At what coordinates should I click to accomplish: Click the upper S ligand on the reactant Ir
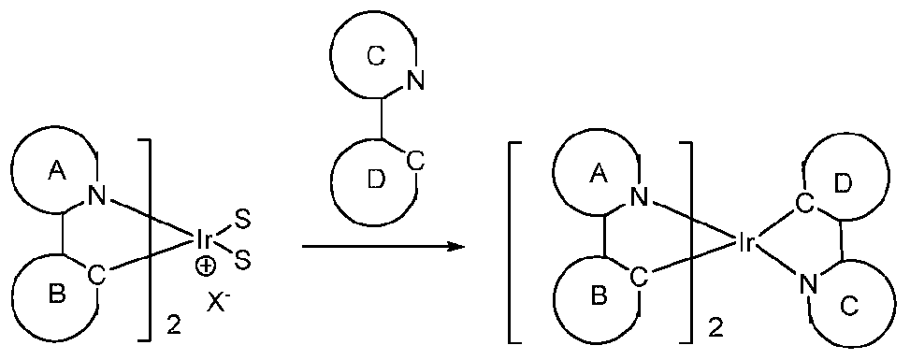pos(241,219)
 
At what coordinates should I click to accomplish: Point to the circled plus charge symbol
pos(203,266)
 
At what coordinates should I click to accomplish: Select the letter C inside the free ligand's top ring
pos(374,56)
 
